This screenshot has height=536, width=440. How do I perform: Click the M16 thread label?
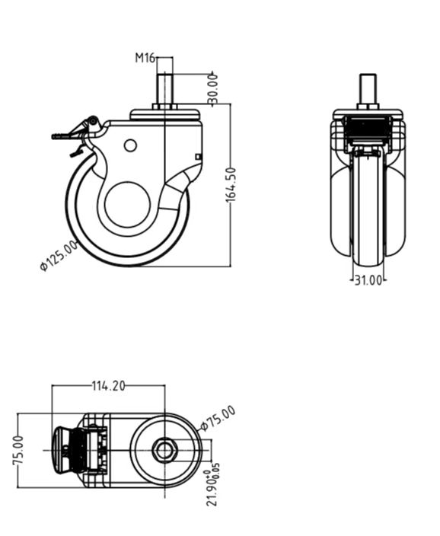pyautogui.click(x=145, y=57)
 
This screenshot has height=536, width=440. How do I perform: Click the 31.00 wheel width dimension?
pyautogui.click(x=367, y=280)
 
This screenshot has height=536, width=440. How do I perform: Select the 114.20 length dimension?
pyautogui.click(x=108, y=386)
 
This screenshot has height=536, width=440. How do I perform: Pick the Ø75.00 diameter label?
pyautogui.click(x=218, y=418)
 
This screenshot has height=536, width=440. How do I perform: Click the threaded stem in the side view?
pyautogui.click(x=164, y=90)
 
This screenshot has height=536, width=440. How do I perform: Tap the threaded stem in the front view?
pyautogui.click(x=368, y=90)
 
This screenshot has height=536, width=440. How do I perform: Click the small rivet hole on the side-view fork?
pyautogui.click(x=130, y=145)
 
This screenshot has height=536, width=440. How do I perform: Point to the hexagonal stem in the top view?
pyautogui.click(x=164, y=451)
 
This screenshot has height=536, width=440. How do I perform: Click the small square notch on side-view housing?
pyautogui.click(x=199, y=157)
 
